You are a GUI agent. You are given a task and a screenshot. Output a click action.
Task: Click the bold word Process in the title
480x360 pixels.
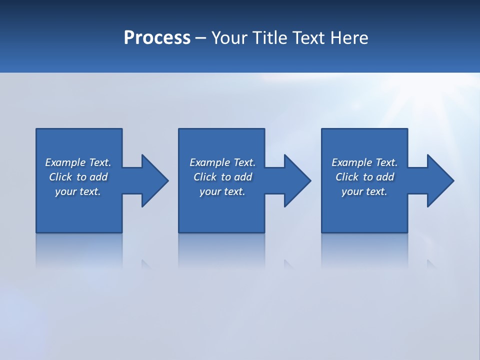coord(157,38)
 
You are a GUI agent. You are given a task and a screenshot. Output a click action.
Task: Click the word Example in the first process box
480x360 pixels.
coord(65,162)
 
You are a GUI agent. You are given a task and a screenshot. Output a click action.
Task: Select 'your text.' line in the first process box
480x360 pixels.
coord(78,191)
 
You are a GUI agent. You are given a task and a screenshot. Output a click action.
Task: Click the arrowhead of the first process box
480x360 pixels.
coord(155,180)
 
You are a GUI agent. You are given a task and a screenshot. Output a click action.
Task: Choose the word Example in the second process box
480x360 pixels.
coord(210,162)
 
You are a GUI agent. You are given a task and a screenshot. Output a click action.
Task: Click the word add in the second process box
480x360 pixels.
coord(243,177)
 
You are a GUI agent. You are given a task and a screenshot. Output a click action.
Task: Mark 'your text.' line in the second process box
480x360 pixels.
coord(222,191)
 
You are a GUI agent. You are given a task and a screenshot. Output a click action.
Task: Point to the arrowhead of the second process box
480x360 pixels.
coord(297,180)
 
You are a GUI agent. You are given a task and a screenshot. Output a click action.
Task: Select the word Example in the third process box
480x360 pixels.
coord(352,162)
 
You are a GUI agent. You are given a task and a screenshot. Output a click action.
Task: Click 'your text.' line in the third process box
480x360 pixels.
coord(364,191)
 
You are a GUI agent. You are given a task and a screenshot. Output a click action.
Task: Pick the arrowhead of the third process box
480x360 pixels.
coord(440,180)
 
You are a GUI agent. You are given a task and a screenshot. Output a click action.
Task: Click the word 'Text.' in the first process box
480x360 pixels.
coord(100,162)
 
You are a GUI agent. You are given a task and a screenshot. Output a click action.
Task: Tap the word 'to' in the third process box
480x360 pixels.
coord(368,177)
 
